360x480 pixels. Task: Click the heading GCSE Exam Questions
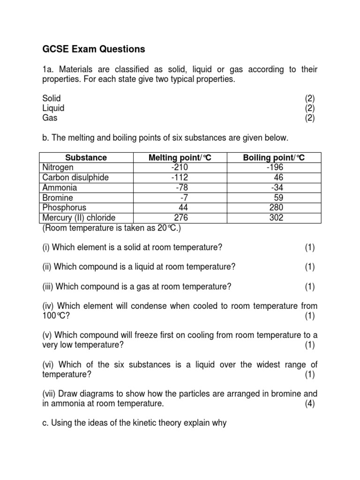[94, 49]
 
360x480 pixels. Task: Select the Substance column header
[86, 157]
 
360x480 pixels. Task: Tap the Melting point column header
[180, 157]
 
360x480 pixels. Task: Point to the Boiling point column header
[274, 157]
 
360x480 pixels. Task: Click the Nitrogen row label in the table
[58, 167]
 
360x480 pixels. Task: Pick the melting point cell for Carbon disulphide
[180, 178]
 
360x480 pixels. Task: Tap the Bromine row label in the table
[57, 198]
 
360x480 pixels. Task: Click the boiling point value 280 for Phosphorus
[276, 208]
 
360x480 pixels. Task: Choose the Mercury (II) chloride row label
[79, 218]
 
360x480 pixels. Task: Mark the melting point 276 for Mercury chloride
[181, 218]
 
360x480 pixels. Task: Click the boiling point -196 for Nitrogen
[275, 167]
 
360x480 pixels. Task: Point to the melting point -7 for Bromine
[183, 198]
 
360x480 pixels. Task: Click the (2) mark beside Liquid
[309, 108]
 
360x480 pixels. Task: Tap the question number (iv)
[48, 306]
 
